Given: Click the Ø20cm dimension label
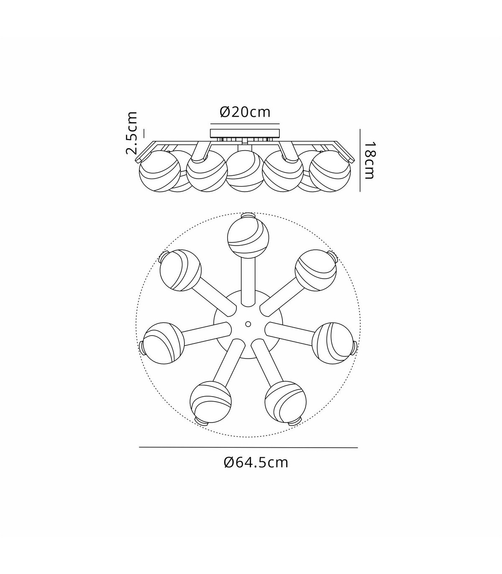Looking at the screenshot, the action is pos(245,112).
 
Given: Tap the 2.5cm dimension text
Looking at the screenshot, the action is pos(131,133).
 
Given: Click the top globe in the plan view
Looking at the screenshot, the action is pos(248,237).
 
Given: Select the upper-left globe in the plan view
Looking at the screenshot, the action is pos(181,270).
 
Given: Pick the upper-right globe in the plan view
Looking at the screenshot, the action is pos(315,270).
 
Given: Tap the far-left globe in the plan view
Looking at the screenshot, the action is pos(164,343).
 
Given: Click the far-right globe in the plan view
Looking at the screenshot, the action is pos(333,343).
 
